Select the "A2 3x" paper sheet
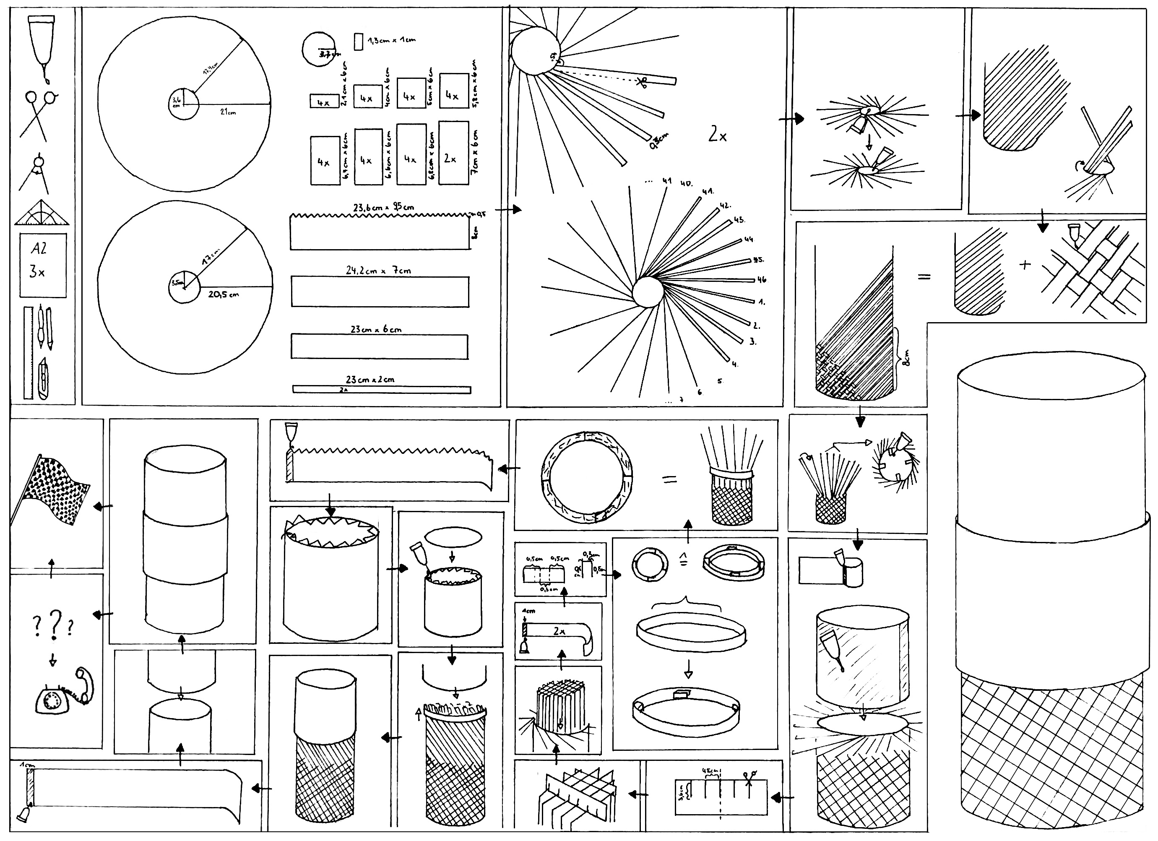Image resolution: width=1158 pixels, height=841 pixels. pos(43,265)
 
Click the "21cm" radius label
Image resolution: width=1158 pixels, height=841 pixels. pos(228,112)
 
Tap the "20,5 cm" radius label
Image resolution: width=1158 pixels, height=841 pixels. pos(223,294)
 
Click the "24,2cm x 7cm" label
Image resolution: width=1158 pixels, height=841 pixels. pos(378,270)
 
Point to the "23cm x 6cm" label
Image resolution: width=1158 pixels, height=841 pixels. pos(376,329)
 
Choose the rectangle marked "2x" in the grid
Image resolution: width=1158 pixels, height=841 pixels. pos(453,153)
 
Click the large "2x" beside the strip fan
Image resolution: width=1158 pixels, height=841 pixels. pos(717,135)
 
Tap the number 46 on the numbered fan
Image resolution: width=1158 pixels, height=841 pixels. pos(762,279)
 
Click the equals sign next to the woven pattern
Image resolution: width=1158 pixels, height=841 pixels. pos(924,277)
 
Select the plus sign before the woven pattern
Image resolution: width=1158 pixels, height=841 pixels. pos(1025,265)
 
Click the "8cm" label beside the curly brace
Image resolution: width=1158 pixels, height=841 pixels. pos(907,357)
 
